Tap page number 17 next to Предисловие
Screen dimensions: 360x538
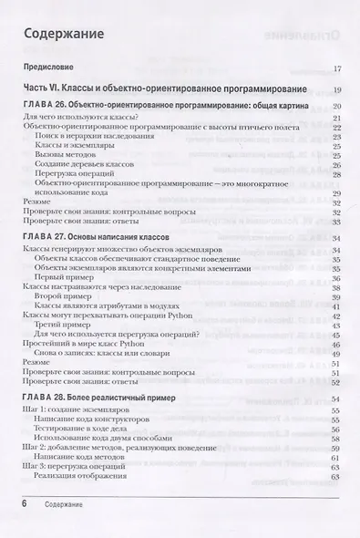[336, 68]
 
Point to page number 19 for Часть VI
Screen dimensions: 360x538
[336, 88]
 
